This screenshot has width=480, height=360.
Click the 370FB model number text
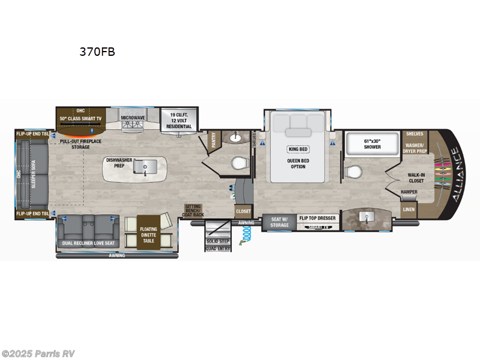point(97,52)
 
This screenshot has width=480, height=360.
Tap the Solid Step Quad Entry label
point(218,244)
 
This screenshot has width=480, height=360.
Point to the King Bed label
point(298,149)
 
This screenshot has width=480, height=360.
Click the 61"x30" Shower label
point(372,143)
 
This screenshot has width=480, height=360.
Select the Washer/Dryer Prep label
point(415,148)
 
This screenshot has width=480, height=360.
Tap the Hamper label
point(409,192)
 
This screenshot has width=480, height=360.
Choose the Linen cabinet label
point(409,209)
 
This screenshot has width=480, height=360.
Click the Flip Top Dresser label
point(317,218)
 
